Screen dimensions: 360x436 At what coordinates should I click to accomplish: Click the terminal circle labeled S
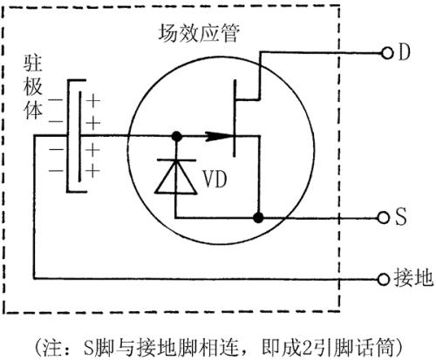385,217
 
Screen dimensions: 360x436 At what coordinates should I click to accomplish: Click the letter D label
404,53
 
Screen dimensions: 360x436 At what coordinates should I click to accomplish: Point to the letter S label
402,217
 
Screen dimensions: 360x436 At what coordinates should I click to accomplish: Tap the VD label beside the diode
215,179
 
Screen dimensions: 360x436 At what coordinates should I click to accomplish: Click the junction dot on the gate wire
176,136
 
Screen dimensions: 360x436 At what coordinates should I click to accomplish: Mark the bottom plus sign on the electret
93,168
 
